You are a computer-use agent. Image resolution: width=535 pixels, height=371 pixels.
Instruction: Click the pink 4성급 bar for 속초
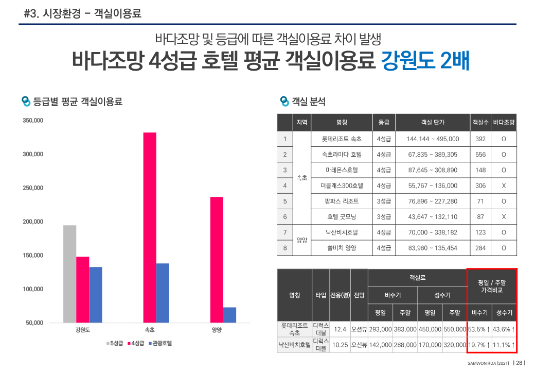(x=150, y=227)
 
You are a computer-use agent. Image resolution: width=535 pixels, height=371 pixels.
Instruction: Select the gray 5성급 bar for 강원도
(x=69, y=274)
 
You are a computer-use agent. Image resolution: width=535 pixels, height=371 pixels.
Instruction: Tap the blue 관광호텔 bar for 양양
(x=229, y=315)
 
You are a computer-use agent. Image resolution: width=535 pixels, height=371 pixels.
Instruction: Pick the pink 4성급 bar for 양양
(x=217, y=260)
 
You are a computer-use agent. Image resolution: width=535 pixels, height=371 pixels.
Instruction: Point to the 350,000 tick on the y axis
(x=32, y=121)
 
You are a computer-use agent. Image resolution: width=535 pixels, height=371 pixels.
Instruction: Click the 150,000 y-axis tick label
(x=32, y=256)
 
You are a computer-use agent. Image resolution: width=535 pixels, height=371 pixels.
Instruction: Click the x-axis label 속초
(x=150, y=330)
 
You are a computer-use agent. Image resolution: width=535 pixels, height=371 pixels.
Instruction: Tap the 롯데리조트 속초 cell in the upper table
(x=342, y=139)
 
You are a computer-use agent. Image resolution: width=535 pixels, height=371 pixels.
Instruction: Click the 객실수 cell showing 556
(x=480, y=155)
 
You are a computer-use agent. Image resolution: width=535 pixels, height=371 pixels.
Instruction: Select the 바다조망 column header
(x=504, y=123)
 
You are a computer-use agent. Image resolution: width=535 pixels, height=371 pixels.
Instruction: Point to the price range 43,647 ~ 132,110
(x=432, y=217)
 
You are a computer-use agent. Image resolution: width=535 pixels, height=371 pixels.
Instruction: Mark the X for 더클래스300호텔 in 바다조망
(x=504, y=185)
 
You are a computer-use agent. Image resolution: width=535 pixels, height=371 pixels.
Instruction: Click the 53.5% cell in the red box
(x=479, y=329)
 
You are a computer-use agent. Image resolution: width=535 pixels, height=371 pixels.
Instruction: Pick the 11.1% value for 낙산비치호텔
(x=504, y=345)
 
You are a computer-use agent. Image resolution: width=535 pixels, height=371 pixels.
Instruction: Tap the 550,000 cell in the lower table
(x=454, y=329)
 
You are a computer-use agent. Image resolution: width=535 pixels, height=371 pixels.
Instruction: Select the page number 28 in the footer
(x=520, y=363)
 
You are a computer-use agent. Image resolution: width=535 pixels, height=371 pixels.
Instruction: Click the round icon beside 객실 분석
(x=284, y=102)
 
